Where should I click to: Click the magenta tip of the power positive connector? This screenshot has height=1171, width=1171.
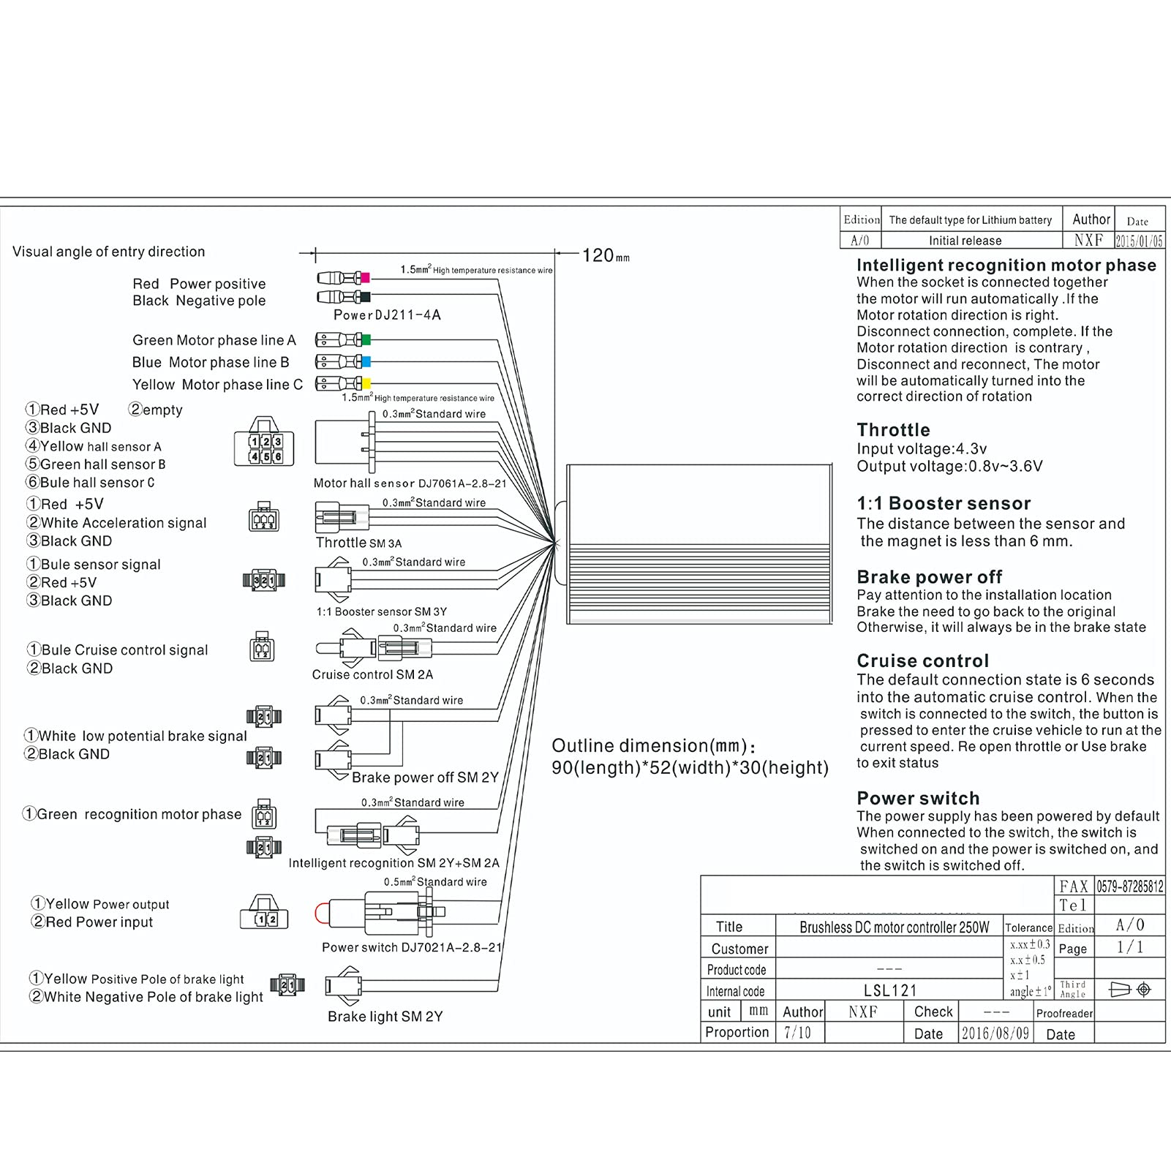[365, 278]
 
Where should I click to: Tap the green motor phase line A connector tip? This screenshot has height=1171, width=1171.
[366, 340]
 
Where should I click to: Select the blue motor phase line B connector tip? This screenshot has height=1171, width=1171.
[366, 362]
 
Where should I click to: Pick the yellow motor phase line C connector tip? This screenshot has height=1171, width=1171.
[366, 384]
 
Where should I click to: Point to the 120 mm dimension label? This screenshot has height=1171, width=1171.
[605, 256]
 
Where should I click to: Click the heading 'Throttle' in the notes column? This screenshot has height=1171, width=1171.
[893, 430]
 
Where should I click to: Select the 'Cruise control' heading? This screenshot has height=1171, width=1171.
[922, 661]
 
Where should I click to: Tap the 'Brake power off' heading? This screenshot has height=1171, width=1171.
[929, 577]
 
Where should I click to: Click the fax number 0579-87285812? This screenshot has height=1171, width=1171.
[1129, 886]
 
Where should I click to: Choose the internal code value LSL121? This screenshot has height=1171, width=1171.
[889, 991]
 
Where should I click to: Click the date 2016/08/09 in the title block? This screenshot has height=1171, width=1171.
[995, 1033]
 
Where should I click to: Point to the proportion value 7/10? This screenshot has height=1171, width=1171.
[797, 1033]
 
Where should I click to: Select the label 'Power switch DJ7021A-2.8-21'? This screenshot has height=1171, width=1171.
[412, 948]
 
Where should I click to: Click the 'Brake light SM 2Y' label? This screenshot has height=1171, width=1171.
[385, 1017]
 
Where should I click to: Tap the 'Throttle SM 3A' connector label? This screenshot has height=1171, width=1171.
[358, 543]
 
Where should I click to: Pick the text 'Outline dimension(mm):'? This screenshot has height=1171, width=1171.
[653, 746]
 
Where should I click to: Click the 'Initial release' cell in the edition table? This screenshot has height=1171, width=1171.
[965, 241]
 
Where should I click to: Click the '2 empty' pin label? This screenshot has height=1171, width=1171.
[155, 410]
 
